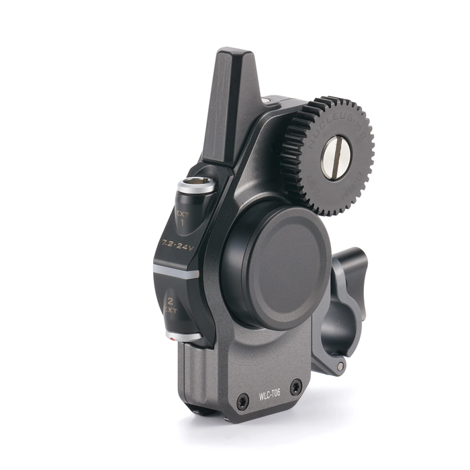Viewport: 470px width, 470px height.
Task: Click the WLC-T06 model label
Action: point(270,394)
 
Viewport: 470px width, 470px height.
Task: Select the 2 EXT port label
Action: point(172,305)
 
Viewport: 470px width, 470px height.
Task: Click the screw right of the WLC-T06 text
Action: point(295,386)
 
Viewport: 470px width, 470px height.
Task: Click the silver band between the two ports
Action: point(176,271)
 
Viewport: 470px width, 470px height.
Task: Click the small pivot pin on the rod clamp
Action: point(341,367)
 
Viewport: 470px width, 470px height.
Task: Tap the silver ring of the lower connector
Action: point(183,335)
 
